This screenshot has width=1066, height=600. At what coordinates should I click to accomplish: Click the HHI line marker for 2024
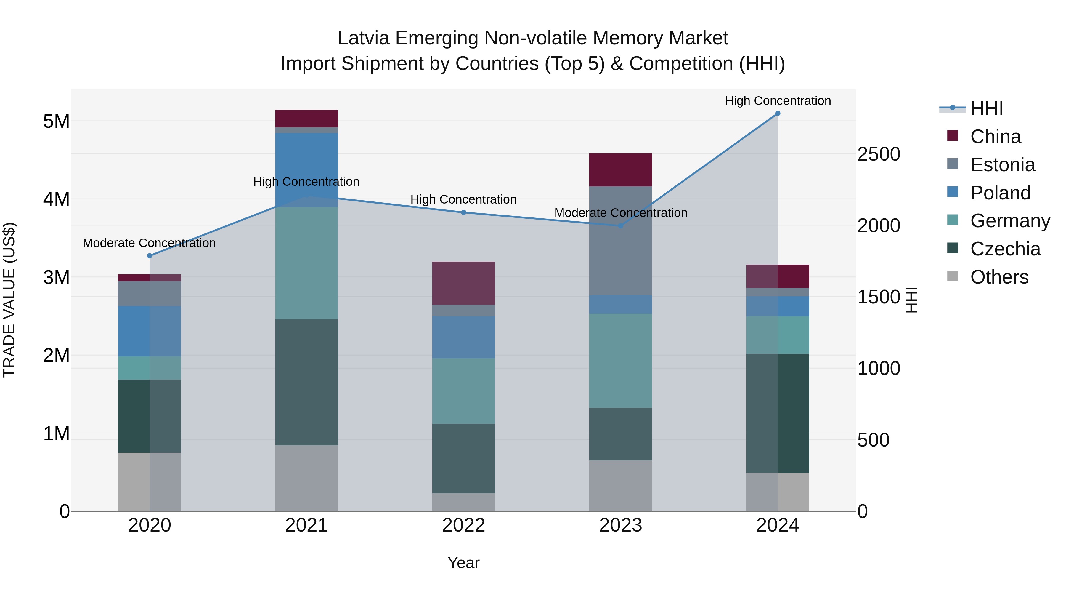point(778,113)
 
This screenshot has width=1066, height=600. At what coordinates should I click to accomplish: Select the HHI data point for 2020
point(150,256)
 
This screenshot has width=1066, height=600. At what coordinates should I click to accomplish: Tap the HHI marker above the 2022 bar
point(463,212)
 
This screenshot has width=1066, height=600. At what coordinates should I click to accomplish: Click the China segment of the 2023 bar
point(620,170)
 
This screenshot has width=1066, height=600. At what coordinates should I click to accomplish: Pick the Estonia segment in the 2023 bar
point(620,241)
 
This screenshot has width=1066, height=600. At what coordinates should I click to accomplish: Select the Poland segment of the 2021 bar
point(307,170)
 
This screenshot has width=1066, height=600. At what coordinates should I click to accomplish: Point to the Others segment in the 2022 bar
point(463,502)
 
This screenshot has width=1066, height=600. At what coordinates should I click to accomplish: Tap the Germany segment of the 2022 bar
point(463,391)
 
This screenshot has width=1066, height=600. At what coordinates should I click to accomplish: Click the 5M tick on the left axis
point(56,121)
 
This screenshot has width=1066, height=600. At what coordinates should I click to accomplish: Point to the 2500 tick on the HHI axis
point(879,154)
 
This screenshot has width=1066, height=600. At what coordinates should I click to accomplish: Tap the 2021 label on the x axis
point(307,525)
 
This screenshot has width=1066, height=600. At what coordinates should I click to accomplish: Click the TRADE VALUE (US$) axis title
point(9,300)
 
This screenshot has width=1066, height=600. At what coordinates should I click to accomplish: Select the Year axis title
point(463,563)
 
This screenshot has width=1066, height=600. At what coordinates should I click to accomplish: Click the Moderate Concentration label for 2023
point(620,213)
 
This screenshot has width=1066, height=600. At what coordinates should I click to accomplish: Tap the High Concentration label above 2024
point(778,101)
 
